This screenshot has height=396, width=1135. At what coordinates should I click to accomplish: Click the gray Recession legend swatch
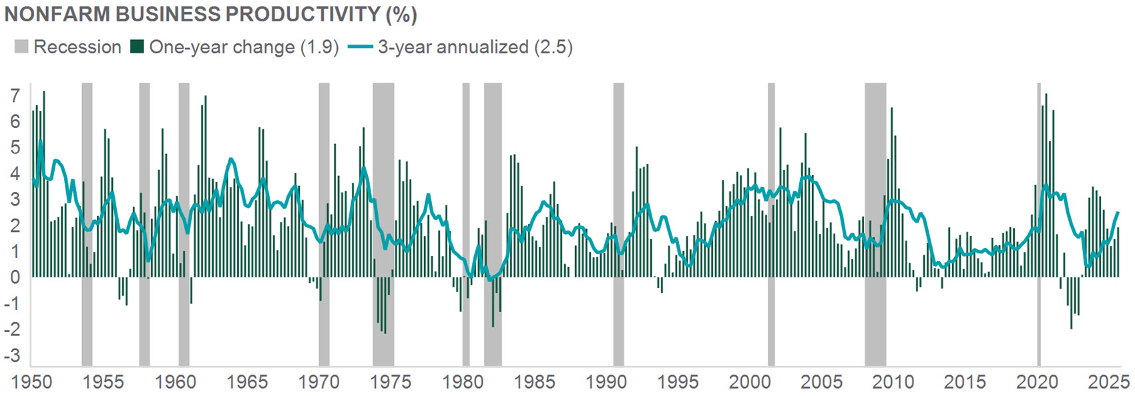click(21, 47)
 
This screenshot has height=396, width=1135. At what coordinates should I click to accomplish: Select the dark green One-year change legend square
click(138, 47)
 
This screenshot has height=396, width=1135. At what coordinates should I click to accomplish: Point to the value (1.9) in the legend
click(319, 47)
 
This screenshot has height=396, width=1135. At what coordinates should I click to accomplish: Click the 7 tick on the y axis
click(15, 96)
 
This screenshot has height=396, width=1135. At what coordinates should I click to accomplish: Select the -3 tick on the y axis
click(12, 355)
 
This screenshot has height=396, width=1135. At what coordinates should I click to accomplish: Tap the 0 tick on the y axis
click(15, 277)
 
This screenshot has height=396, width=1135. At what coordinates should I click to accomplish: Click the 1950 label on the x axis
click(31, 382)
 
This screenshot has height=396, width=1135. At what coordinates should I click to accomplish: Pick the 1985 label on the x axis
click(534, 382)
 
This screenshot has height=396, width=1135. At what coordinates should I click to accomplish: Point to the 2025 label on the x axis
click(1108, 382)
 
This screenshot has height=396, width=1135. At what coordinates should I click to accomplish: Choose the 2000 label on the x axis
click(749, 382)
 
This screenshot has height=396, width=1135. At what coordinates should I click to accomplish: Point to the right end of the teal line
click(1118, 212)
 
